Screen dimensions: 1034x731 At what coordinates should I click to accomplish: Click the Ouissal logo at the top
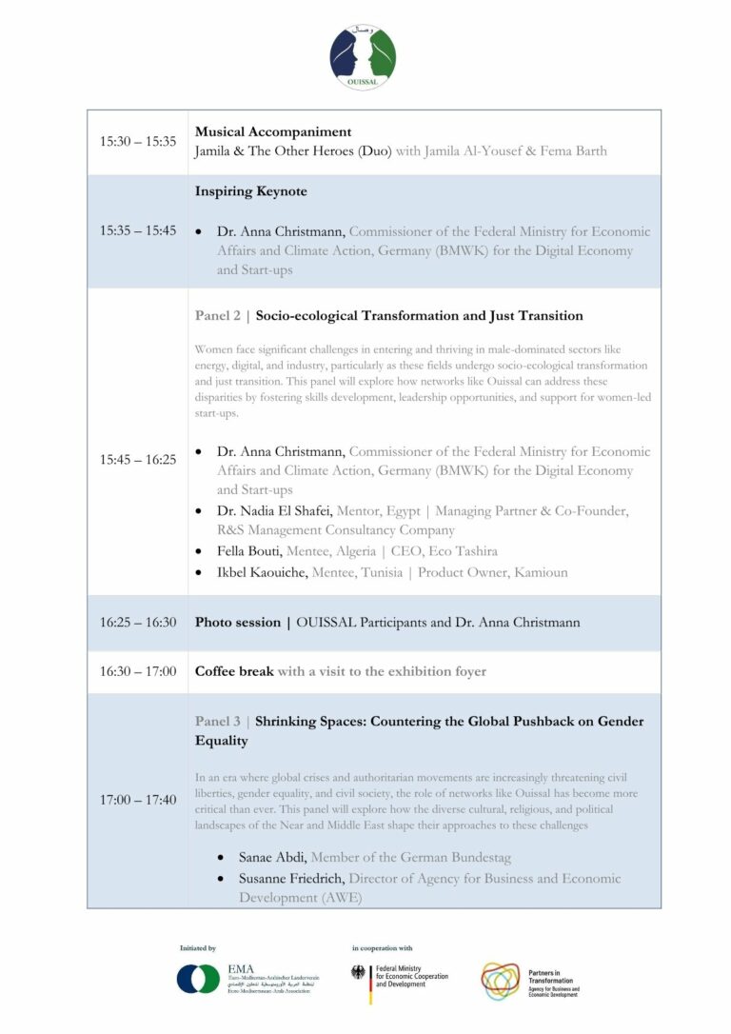tap(363, 57)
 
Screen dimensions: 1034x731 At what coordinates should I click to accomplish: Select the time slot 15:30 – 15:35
tap(138, 142)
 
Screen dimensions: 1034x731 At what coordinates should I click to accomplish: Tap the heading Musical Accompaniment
tap(273, 132)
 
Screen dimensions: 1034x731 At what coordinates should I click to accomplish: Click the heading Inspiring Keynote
tap(251, 191)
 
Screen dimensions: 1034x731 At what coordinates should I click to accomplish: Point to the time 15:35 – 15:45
tap(138, 231)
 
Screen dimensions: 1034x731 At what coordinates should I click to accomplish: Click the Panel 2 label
tap(218, 315)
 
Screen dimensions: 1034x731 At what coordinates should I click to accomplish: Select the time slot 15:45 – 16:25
tap(138, 460)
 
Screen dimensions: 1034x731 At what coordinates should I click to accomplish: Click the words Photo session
tap(238, 623)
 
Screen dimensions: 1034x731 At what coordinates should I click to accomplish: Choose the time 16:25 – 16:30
tap(138, 623)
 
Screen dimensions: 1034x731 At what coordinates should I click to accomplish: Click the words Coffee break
tap(234, 671)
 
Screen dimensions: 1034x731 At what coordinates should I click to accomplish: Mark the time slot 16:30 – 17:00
tap(138, 672)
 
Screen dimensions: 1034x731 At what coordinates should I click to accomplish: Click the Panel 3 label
tap(218, 721)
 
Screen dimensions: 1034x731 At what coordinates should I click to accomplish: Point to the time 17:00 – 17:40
tap(138, 800)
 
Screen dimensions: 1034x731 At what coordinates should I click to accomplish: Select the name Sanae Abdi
tap(272, 858)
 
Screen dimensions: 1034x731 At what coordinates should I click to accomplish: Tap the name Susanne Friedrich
tap(291, 879)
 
